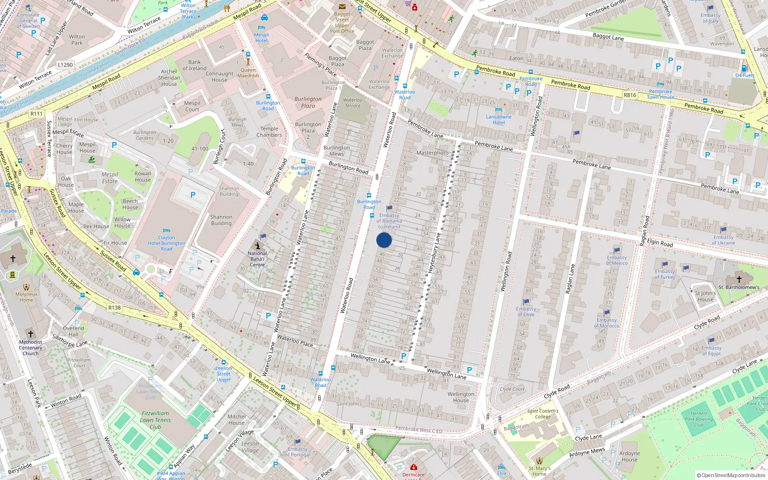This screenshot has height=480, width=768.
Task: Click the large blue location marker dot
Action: [x=384, y=240]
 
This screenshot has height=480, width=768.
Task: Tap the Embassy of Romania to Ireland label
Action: [x=389, y=221]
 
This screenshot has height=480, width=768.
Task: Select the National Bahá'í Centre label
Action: [x=257, y=259]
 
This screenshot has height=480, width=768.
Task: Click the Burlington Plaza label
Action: [x=308, y=102]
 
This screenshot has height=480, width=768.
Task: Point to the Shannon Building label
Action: [x=221, y=220]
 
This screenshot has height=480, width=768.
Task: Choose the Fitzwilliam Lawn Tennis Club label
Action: [x=156, y=420]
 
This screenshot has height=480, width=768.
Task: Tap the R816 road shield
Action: [x=630, y=95]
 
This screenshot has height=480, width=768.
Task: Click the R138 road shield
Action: [x=114, y=308]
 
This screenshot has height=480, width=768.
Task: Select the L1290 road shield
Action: [x=65, y=65]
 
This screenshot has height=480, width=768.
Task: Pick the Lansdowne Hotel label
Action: [x=499, y=120]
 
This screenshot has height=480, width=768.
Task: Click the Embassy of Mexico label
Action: [x=617, y=260]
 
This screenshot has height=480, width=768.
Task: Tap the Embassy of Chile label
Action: [x=526, y=312]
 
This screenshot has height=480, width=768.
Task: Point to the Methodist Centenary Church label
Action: [x=30, y=348]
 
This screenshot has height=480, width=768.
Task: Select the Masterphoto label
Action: [x=432, y=153]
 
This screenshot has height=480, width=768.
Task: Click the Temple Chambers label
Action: [x=269, y=132]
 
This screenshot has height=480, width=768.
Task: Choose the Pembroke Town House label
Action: [x=660, y=94]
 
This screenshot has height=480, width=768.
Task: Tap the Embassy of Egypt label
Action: [x=711, y=350]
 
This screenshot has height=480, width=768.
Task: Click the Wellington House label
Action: [x=461, y=397]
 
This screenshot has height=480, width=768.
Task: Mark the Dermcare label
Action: [x=413, y=475]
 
